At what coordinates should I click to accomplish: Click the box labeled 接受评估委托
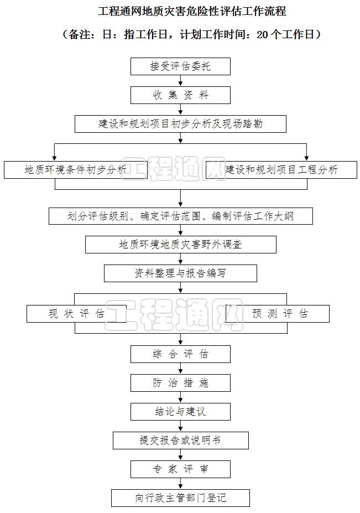(x=180, y=66)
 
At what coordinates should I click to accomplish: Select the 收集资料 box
(x=180, y=95)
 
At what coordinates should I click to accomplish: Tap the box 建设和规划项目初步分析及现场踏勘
(x=180, y=124)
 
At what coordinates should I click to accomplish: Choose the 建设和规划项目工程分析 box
(x=281, y=170)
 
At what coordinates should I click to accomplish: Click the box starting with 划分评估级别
(x=180, y=216)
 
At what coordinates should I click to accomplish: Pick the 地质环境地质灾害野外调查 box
(x=180, y=244)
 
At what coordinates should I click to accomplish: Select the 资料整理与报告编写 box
(x=180, y=273)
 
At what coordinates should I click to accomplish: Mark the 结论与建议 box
(x=180, y=412)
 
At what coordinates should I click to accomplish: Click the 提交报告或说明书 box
(x=180, y=441)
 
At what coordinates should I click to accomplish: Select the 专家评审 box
(x=180, y=469)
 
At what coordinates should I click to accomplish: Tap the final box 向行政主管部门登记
(x=180, y=498)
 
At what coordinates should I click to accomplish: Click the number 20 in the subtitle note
(x=263, y=34)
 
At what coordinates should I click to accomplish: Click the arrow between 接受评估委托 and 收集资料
(x=180, y=81)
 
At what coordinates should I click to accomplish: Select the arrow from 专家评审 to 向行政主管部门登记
(x=180, y=484)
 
